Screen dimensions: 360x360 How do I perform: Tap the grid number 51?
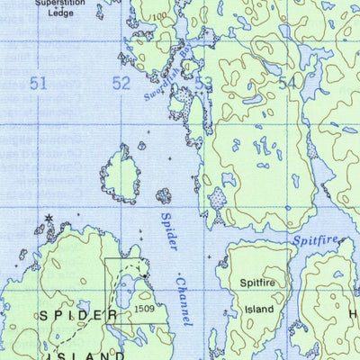37,84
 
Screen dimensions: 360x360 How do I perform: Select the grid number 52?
121,84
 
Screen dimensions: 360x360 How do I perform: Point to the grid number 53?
204,84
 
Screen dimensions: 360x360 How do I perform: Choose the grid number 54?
287,84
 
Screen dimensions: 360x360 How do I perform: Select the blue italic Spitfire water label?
315,240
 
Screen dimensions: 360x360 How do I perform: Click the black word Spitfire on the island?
256,283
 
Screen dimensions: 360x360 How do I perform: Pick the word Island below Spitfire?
256,309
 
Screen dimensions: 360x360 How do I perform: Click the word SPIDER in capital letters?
77,316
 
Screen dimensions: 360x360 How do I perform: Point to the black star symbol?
49,218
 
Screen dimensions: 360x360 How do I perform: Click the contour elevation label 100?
159,16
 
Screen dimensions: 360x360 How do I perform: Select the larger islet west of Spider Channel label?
120,174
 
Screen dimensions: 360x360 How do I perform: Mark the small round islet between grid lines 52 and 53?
164,195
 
